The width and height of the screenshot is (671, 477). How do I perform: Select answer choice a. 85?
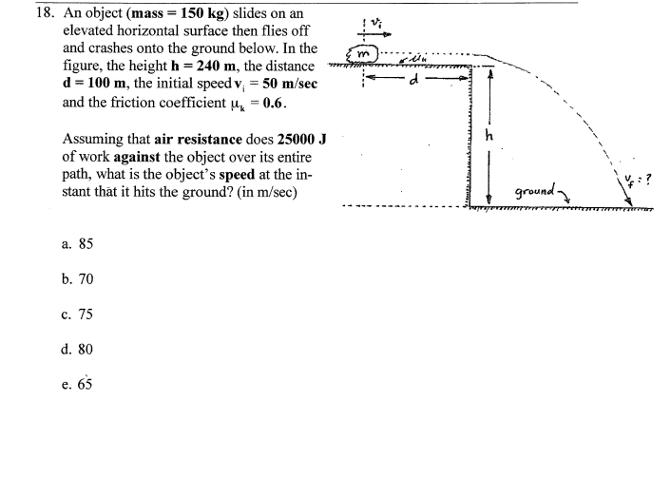pyautogui.click(x=77, y=244)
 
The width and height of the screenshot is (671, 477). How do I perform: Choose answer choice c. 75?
pyautogui.click(x=77, y=315)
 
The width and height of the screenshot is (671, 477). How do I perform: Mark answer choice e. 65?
pyautogui.click(x=77, y=385)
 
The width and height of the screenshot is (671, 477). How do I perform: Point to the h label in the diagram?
pyautogui.click(x=490, y=136)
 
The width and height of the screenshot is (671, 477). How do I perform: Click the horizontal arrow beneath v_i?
pyautogui.click(x=373, y=29)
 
